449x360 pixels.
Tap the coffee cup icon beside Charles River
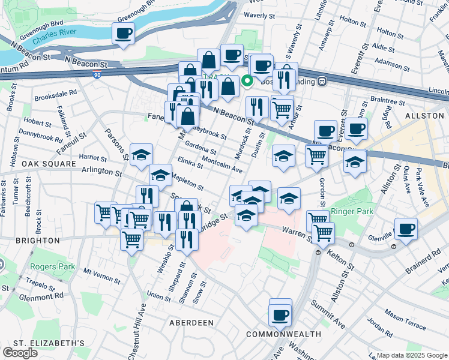click(x=123, y=34)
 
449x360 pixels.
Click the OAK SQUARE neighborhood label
click(x=43, y=163)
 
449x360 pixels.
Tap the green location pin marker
click(x=247, y=81)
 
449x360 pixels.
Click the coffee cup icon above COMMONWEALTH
click(x=280, y=313)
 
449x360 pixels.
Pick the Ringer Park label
click(x=352, y=211)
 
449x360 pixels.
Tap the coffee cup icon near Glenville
click(x=406, y=228)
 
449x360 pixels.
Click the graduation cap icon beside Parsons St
click(x=141, y=155)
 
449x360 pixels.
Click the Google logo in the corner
click(x=20, y=353)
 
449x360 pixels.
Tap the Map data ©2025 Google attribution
click(x=411, y=355)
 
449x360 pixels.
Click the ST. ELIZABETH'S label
click(x=45, y=343)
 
